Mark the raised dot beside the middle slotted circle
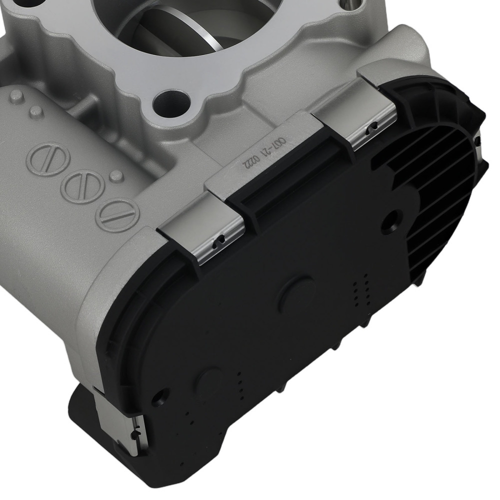116,175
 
